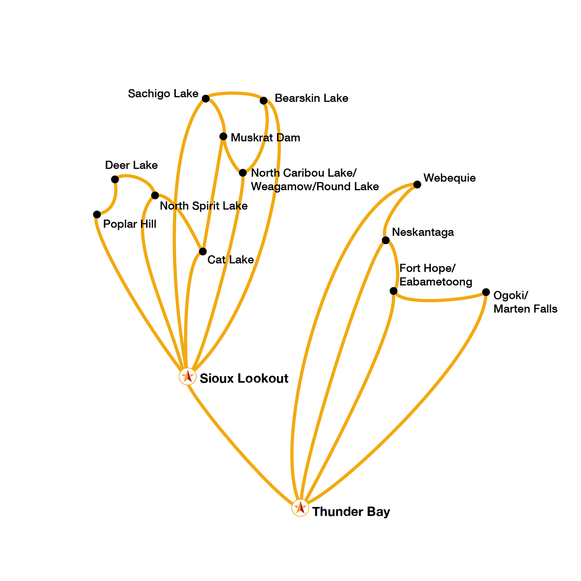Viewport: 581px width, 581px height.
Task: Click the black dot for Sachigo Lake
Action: pyautogui.click(x=205, y=99)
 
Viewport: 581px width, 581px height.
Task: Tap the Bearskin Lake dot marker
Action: pyautogui.click(x=263, y=101)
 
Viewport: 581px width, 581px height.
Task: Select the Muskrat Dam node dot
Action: pyautogui.click(x=223, y=137)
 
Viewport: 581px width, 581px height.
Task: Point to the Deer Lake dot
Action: pyautogui.click(x=115, y=180)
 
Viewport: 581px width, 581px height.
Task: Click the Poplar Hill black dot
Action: pyautogui.click(x=97, y=214)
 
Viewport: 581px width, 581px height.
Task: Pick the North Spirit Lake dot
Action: pyautogui.click(x=155, y=196)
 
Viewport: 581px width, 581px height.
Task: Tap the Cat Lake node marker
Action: pyautogui.click(x=202, y=251)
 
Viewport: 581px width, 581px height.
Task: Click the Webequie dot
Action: pyautogui.click(x=417, y=184)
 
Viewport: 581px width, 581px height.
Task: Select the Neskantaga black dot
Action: pyautogui.click(x=385, y=240)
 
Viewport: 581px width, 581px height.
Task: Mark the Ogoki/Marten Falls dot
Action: pyautogui.click(x=486, y=292)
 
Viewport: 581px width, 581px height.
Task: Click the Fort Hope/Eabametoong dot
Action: pyautogui.click(x=394, y=291)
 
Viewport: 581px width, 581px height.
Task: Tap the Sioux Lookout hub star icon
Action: pyautogui.click(x=187, y=376)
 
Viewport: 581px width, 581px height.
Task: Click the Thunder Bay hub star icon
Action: pyautogui.click(x=300, y=508)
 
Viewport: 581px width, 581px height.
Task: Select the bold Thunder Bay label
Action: pyautogui.click(x=351, y=512)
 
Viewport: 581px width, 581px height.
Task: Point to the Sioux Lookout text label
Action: pyautogui.click(x=244, y=378)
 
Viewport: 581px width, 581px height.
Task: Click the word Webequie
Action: pyautogui.click(x=449, y=178)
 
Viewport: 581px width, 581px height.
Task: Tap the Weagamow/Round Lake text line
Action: pyautogui.click(x=315, y=186)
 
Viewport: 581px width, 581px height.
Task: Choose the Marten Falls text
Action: pyautogui.click(x=525, y=309)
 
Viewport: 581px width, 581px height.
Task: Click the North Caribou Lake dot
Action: pyautogui.click(x=243, y=173)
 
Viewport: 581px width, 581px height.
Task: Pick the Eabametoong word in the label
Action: pyautogui.click(x=436, y=282)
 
